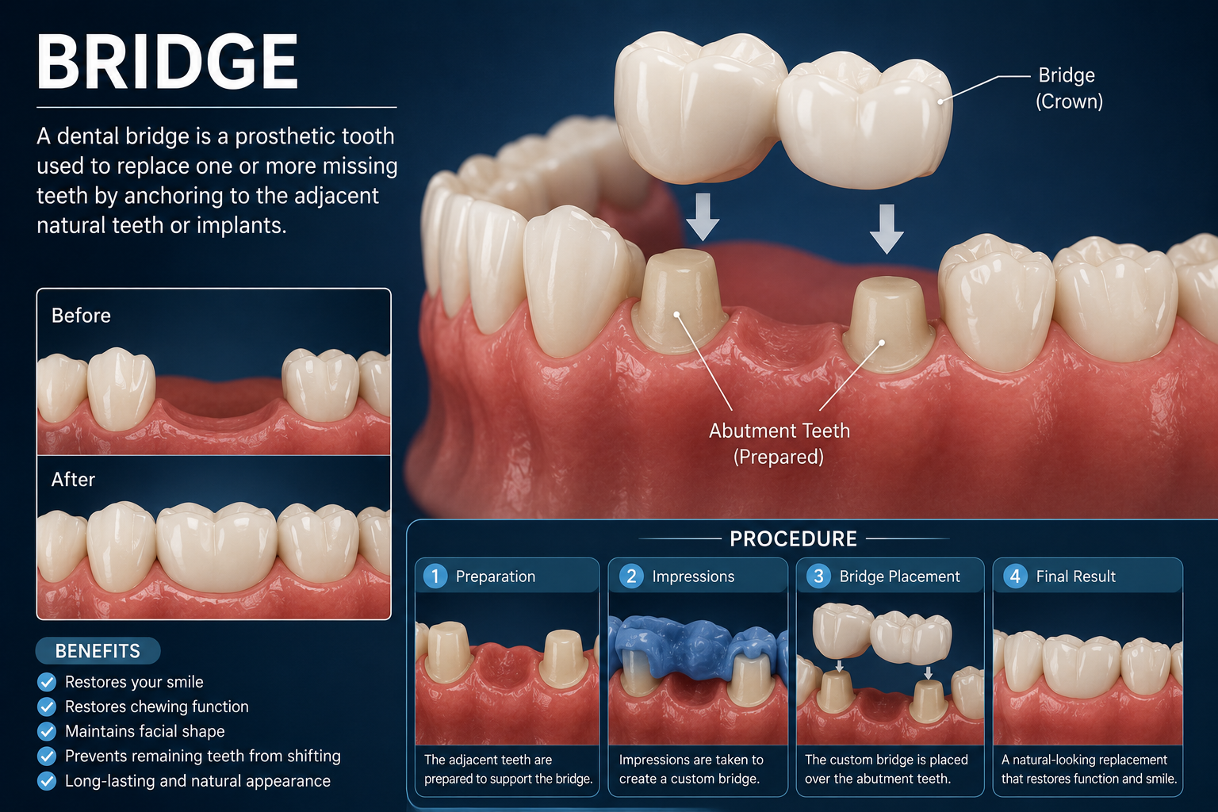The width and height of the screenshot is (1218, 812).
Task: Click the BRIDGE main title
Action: click(167, 62)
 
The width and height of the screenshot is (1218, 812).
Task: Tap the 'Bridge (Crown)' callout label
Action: click(1068, 88)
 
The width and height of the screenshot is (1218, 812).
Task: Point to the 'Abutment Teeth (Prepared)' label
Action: click(779, 444)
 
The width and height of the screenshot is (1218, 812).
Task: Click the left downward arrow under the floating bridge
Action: click(703, 217)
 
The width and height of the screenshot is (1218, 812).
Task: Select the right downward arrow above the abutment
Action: click(887, 229)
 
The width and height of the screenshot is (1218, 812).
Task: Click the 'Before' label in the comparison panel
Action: click(81, 316)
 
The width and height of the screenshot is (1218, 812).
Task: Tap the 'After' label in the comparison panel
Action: click(73, 479)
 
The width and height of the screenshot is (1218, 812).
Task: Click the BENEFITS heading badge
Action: click(98, 650)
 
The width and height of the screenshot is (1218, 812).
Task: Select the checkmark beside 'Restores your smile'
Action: click(47, 682)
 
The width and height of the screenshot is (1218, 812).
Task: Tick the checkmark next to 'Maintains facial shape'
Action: click(47, 731)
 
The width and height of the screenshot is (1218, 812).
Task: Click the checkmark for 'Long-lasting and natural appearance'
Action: click(47, 781)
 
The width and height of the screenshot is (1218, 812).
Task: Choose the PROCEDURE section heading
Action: click(793, 539)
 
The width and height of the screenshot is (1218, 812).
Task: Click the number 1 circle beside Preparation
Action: click(435, 576)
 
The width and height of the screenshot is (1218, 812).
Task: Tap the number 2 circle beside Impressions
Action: click(631, 576)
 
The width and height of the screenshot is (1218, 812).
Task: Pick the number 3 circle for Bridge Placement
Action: click(818, 576)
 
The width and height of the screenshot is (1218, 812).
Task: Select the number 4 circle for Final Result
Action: click(1015, 576)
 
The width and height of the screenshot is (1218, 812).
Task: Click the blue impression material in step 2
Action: click(699, 647)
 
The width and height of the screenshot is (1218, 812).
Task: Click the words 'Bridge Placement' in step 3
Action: click(899, 576)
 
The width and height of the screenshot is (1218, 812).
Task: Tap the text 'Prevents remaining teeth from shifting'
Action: click(203, 756)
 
